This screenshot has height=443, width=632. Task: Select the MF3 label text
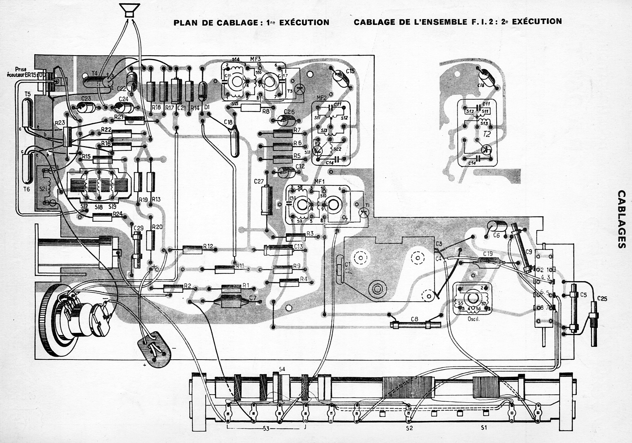click(255, 59)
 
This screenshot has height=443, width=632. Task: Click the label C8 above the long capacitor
click(414, 319)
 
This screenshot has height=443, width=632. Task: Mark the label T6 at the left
click(26, 189)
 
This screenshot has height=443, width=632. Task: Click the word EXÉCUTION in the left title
click(304, 22)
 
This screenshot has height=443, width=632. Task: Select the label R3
click(310, 233)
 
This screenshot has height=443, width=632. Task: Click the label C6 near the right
click(496, 235)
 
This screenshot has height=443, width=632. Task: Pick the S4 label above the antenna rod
click(282, 369)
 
